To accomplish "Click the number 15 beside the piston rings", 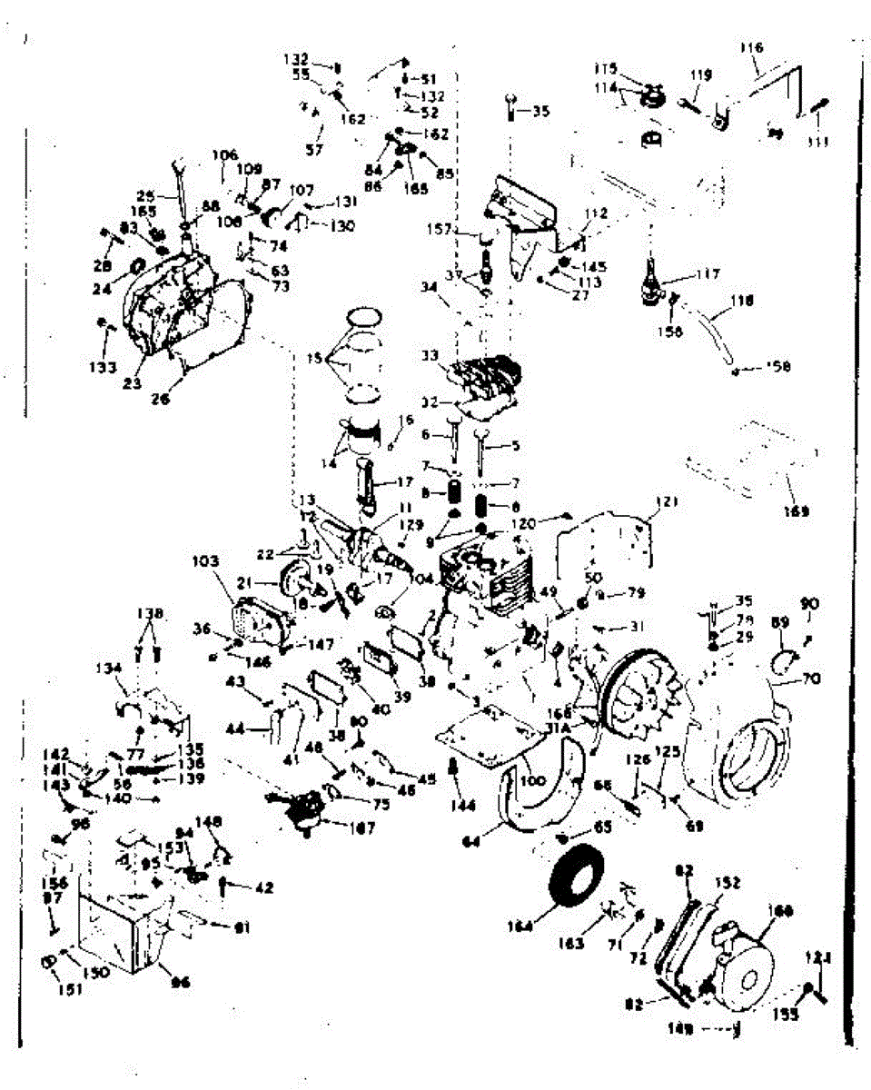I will [x=314, y=361].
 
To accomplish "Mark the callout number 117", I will [x=709, y=273].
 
